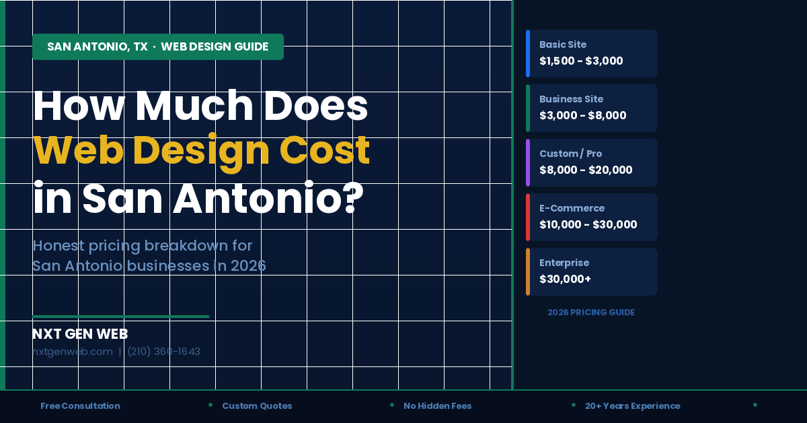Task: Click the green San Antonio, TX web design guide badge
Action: (157, 47)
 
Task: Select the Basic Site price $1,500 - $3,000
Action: (581, 61)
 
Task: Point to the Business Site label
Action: (571, 99)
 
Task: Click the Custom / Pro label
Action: (570, 154)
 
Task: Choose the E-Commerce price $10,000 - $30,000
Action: (588, 224)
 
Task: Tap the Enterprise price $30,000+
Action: (565, 279)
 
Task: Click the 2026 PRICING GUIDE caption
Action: (590, 313)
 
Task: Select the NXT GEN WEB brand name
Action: (80, 334)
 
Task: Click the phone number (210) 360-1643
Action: (163, 352)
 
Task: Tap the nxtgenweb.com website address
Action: (73, 352)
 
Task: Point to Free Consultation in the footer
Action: (80, 406)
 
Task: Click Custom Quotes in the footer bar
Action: (257, 406)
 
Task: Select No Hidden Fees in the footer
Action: (437, 406)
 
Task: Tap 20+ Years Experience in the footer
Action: (632, 406)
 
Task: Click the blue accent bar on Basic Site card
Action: (528, 53)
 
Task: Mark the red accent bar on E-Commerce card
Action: (528, 217)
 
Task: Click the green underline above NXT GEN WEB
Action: (120, 316)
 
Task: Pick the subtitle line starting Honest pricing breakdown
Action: (142, 245)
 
